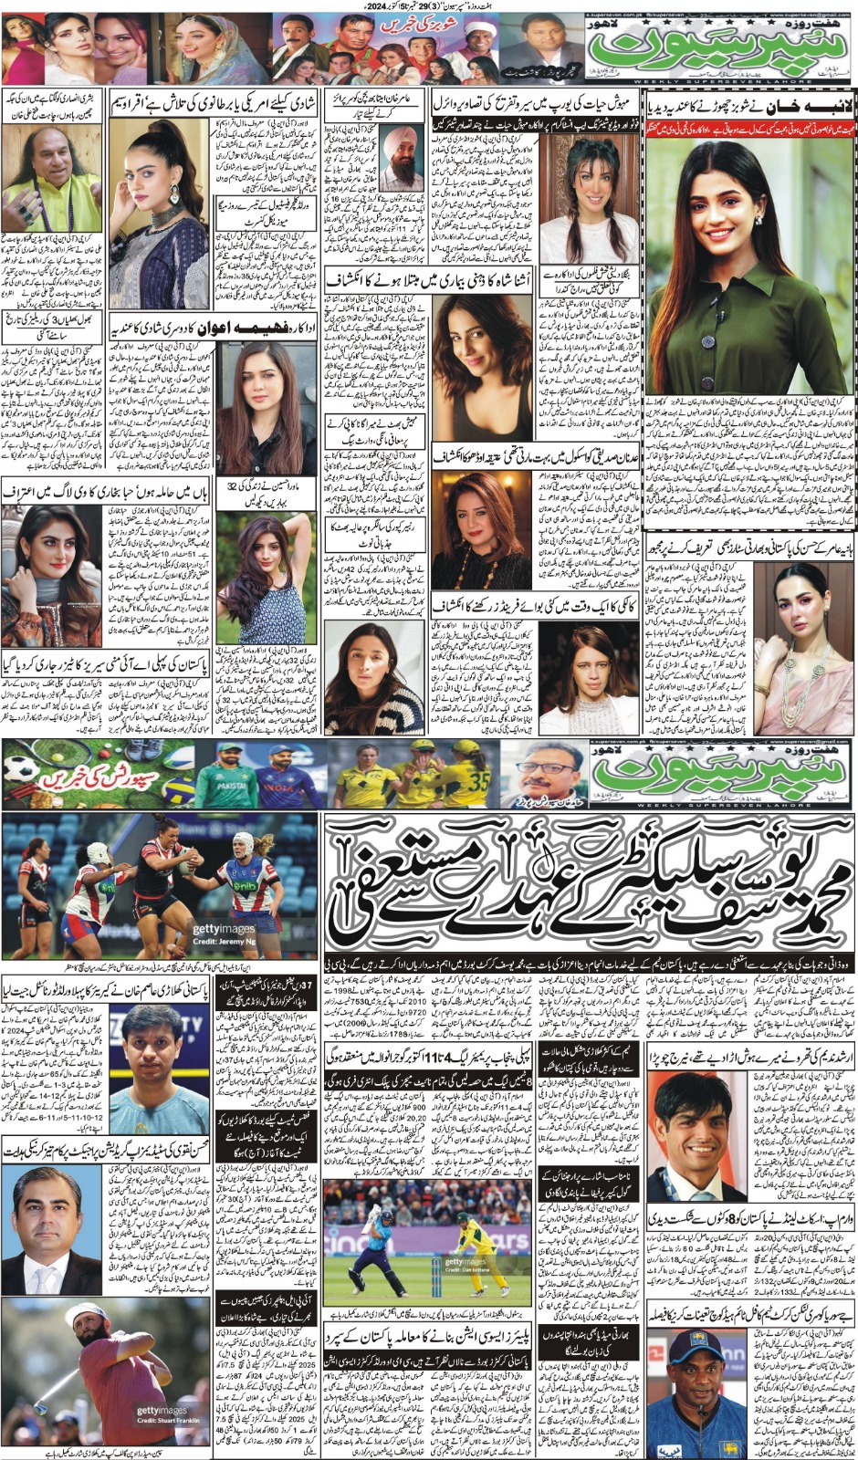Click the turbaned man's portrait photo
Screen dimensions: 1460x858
(x=399, y=165)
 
